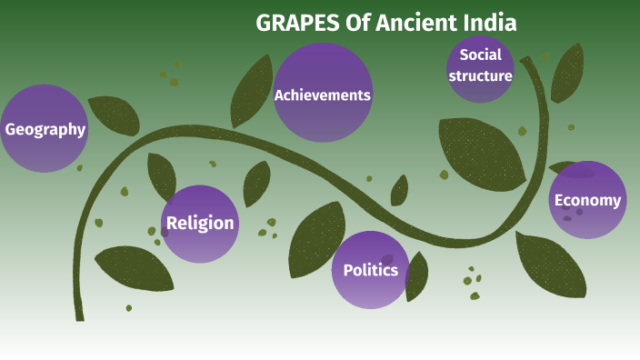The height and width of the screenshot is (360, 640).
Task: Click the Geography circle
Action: point(45,128)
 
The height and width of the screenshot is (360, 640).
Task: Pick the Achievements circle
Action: point(323,94)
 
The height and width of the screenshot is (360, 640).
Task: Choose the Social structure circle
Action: point(480,66)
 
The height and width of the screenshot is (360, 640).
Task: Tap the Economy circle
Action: point(587,200)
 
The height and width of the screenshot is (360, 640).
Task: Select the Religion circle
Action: point(200,223)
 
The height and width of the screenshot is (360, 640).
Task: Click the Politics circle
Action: point(370,270)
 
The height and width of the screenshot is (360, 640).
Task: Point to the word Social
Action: point(480,55)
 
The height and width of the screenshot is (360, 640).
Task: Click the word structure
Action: point(480,75)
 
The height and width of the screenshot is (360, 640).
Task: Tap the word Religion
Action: point(200,223)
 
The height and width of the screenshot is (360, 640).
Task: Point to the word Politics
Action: point(370,270)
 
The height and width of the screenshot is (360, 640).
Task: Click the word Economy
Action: point(587,201)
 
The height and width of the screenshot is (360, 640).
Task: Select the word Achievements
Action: point(323,95)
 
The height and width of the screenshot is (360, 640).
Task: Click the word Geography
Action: point(45,129)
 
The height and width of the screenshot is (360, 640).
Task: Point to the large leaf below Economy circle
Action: point(550,264)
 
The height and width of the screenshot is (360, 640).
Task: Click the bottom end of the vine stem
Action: point(80,315)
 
